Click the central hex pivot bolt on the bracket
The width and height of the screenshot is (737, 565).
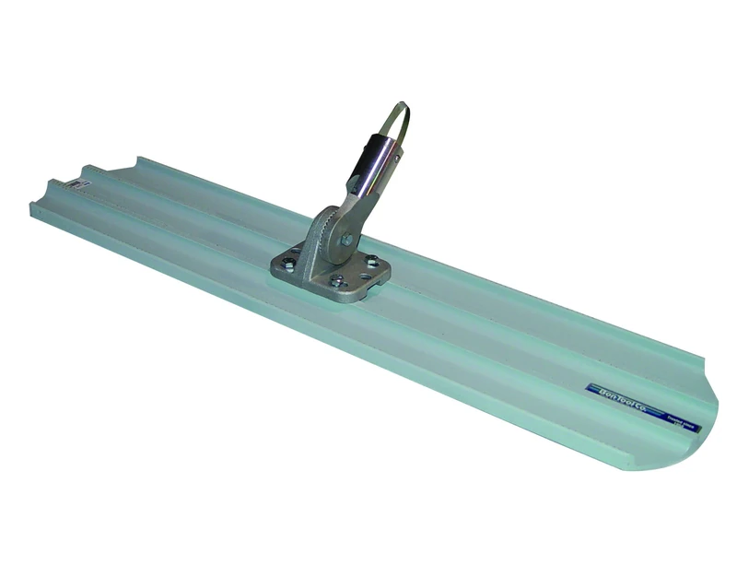coord(346,240)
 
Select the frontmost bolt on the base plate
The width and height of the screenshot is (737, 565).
coord(337,281)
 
